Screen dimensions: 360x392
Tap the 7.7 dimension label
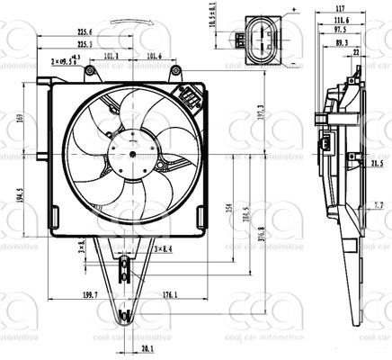click(379, 205)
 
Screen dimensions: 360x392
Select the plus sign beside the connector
click(293, 7)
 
